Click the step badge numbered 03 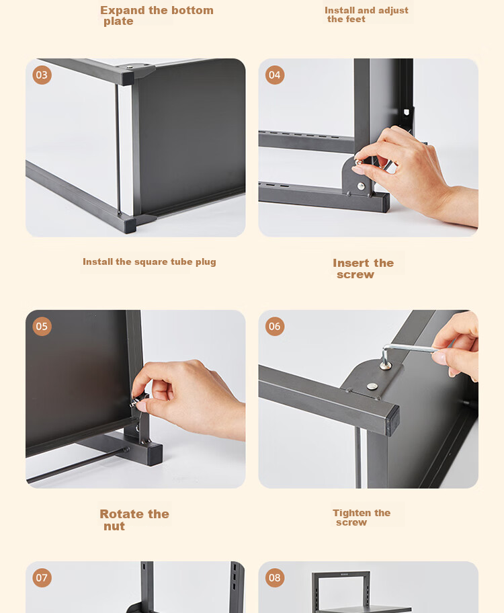coord(42,75)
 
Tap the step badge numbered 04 coord(274,75)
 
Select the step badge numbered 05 coord(42,327)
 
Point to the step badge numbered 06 coord(274,327)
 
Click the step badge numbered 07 coord(42,578)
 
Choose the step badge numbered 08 coord(274,578)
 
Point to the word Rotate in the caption coord(122,514)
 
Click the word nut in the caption coord(114,526)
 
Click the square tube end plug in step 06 coord(393,421)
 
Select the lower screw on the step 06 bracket coord(372,386)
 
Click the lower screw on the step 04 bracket coord(362,186)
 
